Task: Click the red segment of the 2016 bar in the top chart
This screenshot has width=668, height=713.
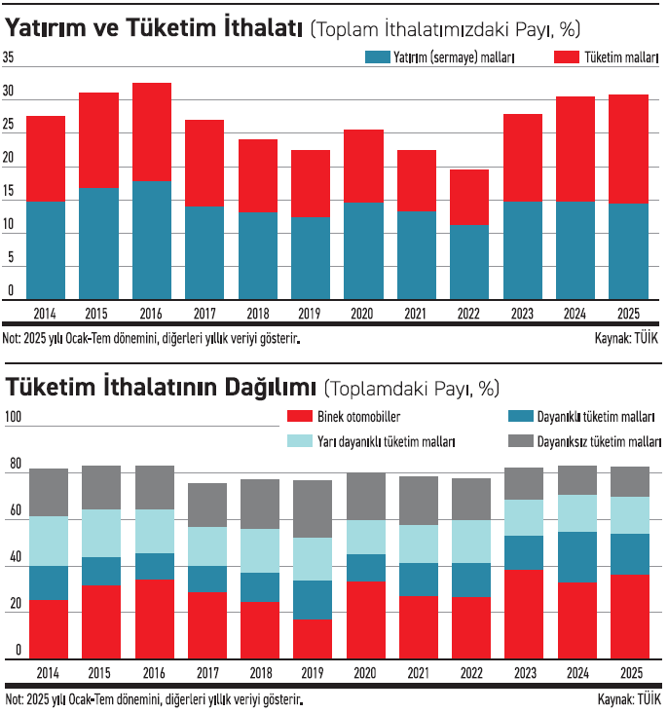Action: pos(152,131)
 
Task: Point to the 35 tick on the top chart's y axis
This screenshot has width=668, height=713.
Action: pos(9,58)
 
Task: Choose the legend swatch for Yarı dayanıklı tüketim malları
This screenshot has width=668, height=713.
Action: pos(299,441)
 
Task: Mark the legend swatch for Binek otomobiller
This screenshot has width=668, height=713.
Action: pos(299,417)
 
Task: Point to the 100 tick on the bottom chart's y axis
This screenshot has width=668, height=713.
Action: pos(14,417)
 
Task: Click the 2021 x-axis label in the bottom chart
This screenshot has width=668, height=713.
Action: pos(417,673)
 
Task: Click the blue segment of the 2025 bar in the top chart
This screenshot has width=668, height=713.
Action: pos(628,251)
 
